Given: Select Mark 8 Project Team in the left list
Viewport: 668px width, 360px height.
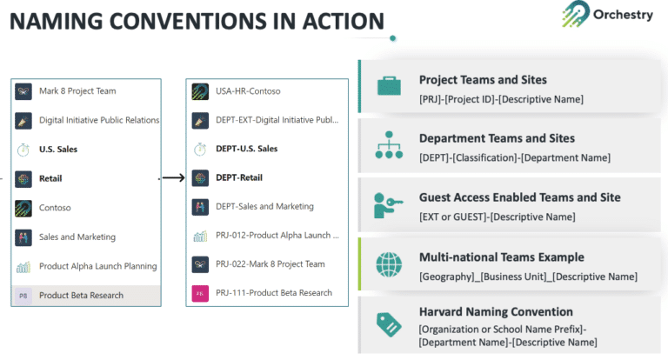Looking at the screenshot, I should tap(77, 90).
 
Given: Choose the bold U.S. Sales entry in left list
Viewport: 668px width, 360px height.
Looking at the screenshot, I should tap(58, 150).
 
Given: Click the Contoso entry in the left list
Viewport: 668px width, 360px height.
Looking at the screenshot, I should tap(55, 208).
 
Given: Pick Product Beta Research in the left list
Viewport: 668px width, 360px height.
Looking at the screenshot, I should tap(81, 296).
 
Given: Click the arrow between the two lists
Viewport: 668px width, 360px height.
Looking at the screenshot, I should tap(173, 178).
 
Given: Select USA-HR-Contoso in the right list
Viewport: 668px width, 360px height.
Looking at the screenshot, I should tap(248, 90).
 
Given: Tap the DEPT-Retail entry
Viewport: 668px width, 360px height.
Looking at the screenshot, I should tap(240, 178).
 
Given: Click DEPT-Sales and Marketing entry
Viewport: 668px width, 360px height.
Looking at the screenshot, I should tap(264, 207).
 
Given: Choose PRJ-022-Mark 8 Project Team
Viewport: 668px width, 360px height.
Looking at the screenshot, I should tap(270, 264).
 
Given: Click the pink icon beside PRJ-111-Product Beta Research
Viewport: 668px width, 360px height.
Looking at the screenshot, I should tap(200, 293).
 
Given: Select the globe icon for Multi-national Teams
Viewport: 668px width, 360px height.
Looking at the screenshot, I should tap(388, 264).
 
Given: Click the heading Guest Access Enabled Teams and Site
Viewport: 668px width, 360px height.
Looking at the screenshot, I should tap(519, 197).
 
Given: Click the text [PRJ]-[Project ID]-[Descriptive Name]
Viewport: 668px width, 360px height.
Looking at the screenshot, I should tap(501, 99).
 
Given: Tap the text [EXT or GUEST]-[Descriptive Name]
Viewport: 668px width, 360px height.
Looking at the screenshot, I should tap(497, 217).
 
